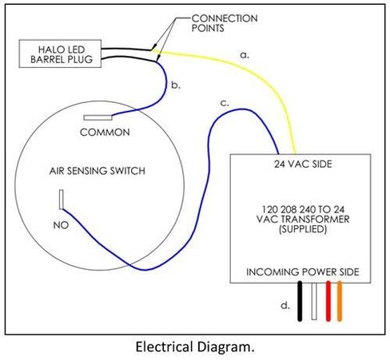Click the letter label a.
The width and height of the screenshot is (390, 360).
(x=245, y=55)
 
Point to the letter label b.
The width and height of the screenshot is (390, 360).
(x=177, y=83)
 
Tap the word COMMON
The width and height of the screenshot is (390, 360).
(x=104, y=132)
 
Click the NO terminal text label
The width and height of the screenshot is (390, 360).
(x=60, y=225)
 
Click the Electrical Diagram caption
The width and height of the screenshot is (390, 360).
(x=196, y=347)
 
